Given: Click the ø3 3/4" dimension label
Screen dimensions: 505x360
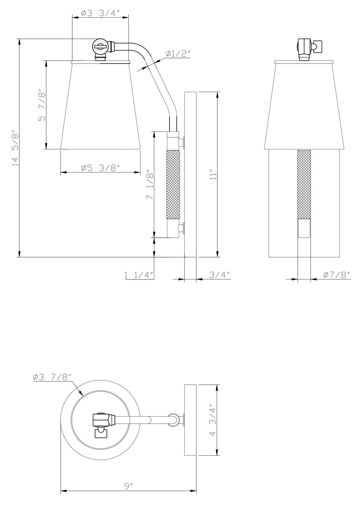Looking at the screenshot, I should (x=100, y=13).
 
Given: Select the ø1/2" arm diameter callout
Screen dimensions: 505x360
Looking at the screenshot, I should (x=178, y=53).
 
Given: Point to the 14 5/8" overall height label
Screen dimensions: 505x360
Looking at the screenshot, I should (x=15, y=148).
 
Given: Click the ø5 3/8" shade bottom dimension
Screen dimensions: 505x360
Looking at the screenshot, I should (x=101, y=167).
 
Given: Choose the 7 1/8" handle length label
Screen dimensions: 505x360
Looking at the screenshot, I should (x=150, y=185).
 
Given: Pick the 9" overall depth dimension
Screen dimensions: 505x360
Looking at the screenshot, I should (x=129, y=486).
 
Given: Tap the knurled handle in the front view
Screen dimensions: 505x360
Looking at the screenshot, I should (x=304, y=183).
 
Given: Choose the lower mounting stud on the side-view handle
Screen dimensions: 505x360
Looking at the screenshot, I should (x=183, y=229).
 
